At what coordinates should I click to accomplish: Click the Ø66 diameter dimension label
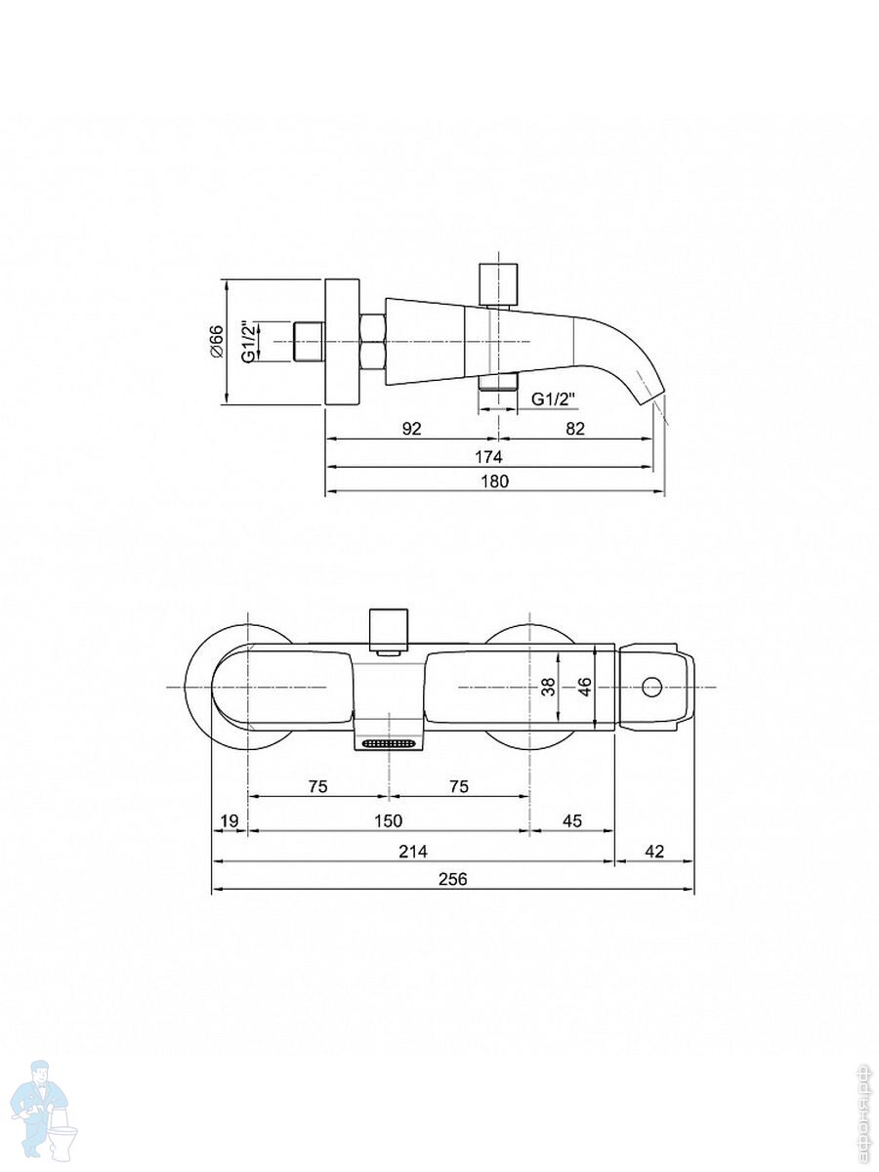pos(217,342)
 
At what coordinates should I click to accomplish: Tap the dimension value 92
pos(411,429)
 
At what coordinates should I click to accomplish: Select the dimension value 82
pos(575,429)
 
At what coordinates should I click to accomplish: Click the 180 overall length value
pos(495,481)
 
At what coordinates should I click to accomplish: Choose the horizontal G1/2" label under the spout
pos(555,398)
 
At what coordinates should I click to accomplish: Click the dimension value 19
pos(230,820)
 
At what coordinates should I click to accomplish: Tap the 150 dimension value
pos(388,820)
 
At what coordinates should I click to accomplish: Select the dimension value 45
pos(572,820)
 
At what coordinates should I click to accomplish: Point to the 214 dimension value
pos(413,851)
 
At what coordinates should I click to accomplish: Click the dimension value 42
pos(654,851)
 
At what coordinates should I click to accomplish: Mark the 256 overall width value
pos(452,879)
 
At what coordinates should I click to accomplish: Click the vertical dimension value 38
pos(548,687)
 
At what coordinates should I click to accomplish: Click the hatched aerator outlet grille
pos(388,742)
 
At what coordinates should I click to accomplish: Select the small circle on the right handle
pos(651,688)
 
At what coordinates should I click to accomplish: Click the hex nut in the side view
pos(373,342)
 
